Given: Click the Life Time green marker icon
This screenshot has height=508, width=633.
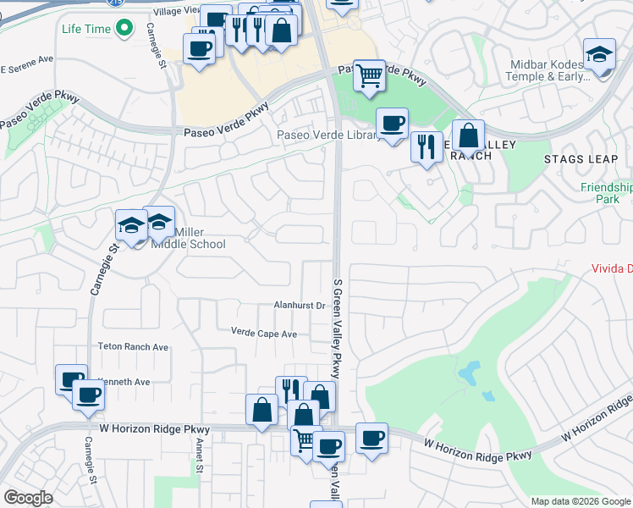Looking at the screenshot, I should point(125,29).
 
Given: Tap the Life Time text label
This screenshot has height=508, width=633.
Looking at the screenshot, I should point(86,29).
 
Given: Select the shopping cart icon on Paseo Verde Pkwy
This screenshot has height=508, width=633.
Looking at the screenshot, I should point(369,75).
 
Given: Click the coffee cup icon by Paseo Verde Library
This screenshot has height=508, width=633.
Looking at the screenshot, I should point(392,124).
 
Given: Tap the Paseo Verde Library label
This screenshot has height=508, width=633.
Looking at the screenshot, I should point(328,135).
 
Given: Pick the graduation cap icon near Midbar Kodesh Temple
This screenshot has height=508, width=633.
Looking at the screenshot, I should point(599,56).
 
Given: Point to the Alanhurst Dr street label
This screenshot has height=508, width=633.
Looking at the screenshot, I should point(300,305).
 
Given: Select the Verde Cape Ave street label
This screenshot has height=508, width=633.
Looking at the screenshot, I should point(264,334).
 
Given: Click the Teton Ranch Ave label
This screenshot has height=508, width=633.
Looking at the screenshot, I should point(133,347).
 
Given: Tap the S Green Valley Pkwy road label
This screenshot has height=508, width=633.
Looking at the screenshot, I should point(337,330).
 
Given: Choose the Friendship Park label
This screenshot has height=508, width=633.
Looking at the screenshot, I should point(606,193).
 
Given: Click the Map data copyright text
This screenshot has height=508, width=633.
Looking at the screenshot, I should point(580,501).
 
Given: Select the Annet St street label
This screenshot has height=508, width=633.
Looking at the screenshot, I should point(199,462).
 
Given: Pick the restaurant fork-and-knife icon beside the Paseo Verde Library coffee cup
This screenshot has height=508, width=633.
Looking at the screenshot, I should point(427,147).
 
